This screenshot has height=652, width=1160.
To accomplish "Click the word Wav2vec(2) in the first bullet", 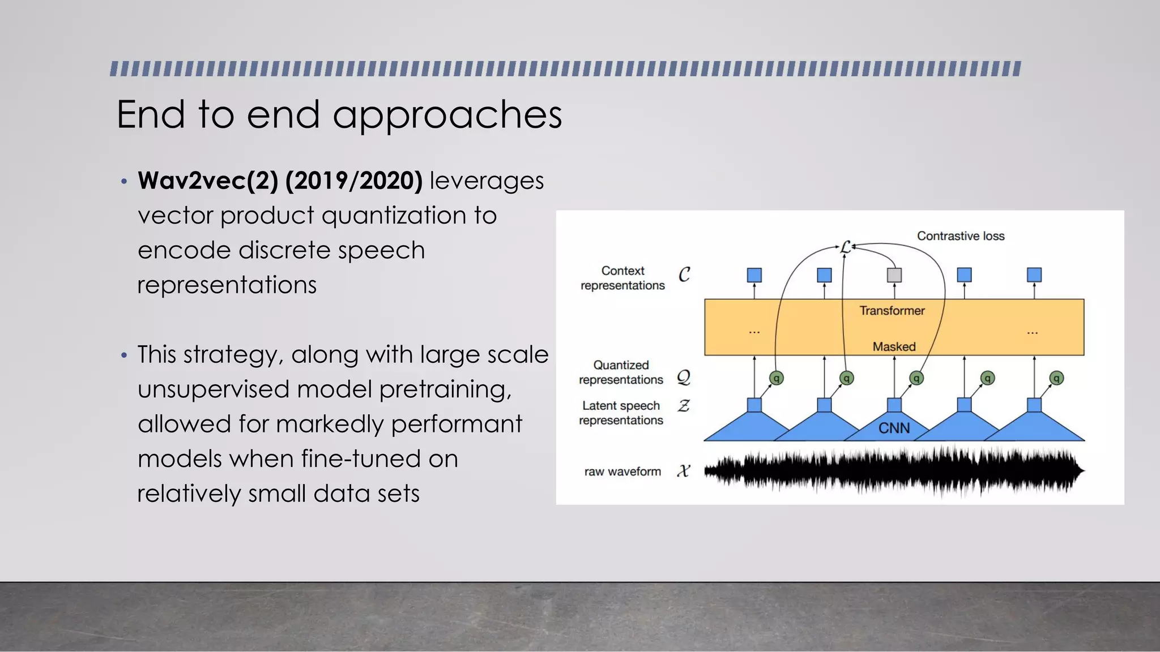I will (208, 181).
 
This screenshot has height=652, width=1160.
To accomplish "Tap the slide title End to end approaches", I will (339, 115).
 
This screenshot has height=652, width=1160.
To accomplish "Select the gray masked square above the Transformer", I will (894, 275).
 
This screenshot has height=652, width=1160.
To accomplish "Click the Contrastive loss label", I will (960, 236).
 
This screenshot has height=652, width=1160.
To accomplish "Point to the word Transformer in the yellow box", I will (892, 311).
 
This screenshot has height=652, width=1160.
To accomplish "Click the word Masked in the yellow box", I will (894, 346).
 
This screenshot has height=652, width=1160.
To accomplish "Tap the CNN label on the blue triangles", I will (894, 428).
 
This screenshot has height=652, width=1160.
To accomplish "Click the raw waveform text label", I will (622, 471).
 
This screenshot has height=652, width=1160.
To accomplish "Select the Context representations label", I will (622, 278).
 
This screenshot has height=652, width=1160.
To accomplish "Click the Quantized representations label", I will (621, 372).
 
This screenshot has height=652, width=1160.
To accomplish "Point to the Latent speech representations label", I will (621, 413).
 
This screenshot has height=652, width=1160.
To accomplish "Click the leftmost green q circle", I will (777, 378).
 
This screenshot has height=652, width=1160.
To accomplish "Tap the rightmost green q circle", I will (1056, 378).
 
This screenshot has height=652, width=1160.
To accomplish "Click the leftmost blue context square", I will (754, 275).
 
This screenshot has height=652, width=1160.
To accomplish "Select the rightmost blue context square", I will (1034, 275).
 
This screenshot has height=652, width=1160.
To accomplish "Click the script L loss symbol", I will (845, 247).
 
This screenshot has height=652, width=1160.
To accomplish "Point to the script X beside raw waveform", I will (684, 471).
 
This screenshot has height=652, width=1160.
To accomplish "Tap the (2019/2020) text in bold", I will (354, 181).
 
